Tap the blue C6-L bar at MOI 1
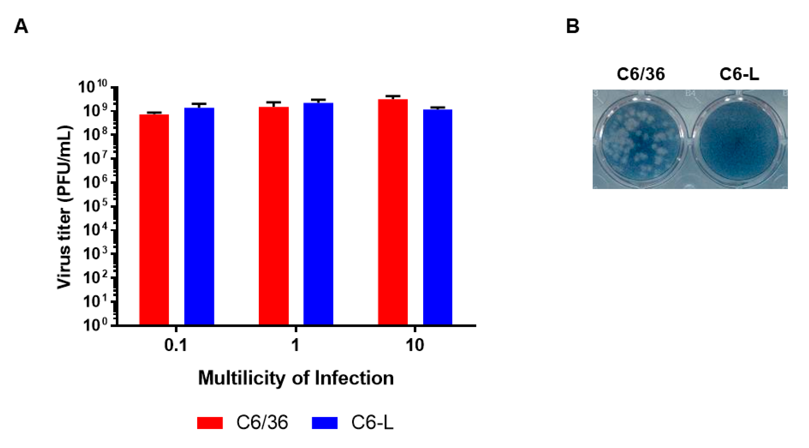point(318,214)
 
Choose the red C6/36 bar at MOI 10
point(393,212)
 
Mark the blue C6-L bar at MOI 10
point(437,217)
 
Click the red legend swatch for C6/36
point(210,422)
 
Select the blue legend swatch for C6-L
point(324,422)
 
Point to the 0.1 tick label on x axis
point(176,345)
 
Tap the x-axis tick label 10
point(415,345)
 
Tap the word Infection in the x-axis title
point(354,378)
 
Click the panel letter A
point(21,26)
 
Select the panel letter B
point(573,26)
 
